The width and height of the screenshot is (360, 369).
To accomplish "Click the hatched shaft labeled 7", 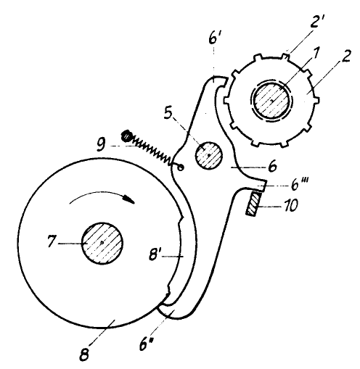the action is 102,243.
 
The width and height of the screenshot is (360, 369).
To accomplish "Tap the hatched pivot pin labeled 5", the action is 208,156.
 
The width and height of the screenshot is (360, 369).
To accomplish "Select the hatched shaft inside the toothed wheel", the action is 271,100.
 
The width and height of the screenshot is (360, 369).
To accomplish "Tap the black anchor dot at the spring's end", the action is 126,136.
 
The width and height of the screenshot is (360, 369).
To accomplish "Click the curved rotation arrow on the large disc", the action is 102,196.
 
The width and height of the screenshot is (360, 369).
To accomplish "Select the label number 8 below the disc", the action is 84,354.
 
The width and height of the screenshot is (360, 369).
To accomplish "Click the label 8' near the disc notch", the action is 155,254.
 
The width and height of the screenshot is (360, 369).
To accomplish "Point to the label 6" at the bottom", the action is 147,344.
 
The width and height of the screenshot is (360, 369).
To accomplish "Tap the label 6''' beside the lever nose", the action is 298,184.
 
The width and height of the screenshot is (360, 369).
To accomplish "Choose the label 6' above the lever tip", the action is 214,38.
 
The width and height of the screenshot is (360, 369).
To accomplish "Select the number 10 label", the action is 289,205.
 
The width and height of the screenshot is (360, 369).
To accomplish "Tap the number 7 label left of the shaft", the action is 51,241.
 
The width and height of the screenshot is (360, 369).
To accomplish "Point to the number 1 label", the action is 314,54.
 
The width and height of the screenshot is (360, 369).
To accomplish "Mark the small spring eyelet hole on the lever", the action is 181,167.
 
